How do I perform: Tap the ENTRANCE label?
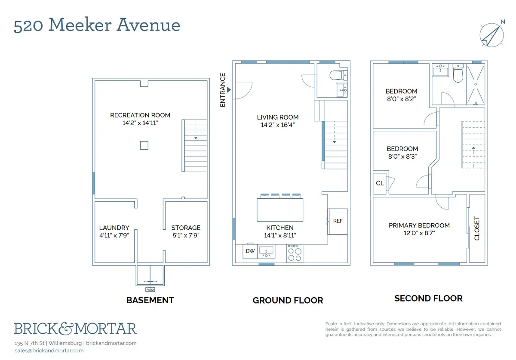tap(223, 90)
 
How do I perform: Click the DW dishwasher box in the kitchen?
tap(250, 251)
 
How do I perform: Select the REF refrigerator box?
tap(338, 221)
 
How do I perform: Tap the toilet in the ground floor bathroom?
tap(338, 76)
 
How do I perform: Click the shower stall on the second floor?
tap(475, 85)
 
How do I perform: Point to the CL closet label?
tap(380, 183)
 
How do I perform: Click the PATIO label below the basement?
tap(150, 289)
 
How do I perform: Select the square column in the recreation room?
tap(144, 145)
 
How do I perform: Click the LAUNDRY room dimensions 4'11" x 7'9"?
tap(114, 235)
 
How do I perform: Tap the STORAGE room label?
tap(186, 228)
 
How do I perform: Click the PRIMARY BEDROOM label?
tap(419, 225)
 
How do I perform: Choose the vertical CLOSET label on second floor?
tap(476, 228)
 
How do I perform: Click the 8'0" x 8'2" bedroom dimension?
tap(401, 98)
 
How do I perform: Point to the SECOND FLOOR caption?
tap(428, 298)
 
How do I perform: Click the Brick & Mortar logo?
tap(75, 329)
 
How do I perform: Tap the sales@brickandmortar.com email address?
tap(49, 351)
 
